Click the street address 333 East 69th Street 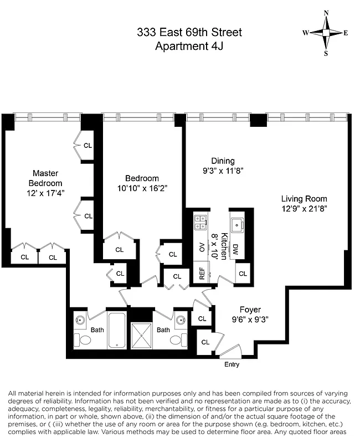[189, 33]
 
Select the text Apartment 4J [189, 46]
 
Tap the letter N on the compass [326, 12]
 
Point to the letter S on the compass [326, 54]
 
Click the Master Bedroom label [45, 178]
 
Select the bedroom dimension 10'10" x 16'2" [142, 188]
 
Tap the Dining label [223, 161]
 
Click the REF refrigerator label [202, 273]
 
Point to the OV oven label [202, 248]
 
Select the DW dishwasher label [235, 249]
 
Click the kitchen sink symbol [239, 224]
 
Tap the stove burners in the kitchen [200, 223]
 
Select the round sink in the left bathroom [81, 321]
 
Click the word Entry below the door [232, 364]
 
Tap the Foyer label [250, 310]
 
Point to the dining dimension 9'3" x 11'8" [223, 171]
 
